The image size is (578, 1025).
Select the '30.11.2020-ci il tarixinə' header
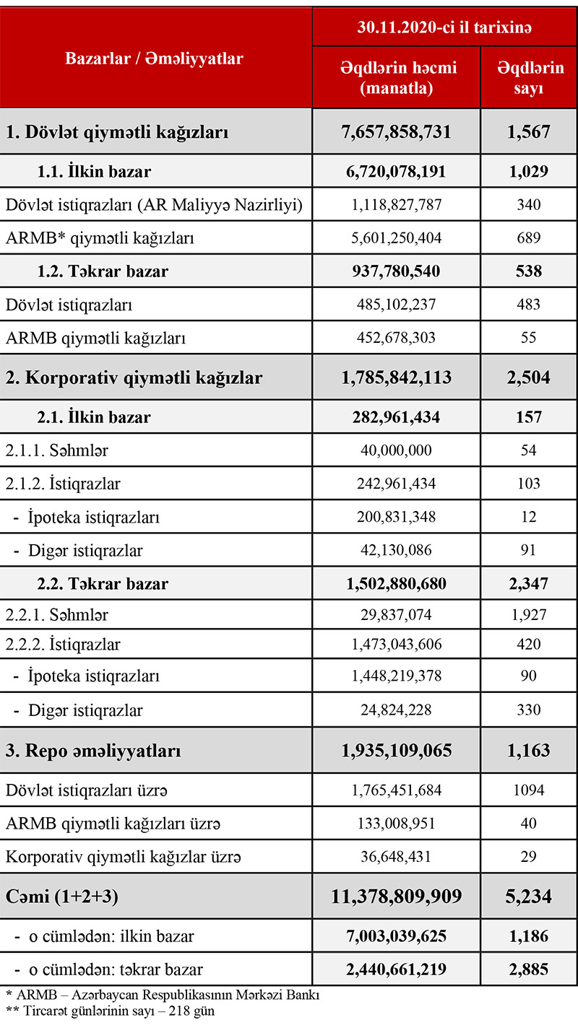tap(444, 27)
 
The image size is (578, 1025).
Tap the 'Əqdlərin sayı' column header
tap(530, 77)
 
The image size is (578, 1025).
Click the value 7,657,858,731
tap(396, 132)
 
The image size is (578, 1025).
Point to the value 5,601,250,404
tap(396, 237)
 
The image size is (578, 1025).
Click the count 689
tap(529, 237)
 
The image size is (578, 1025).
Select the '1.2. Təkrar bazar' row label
tap(103, 271)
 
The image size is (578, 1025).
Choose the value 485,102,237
tap(396, 305)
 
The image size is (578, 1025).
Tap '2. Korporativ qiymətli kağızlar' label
tap(134, 378)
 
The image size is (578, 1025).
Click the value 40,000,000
tap(396, 450)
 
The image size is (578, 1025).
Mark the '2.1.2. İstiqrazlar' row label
tap(63, 484)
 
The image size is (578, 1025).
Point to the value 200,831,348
tap(396, 518)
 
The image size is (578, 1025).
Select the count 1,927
tap(529, 615)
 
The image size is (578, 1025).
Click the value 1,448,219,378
tap(396, 676)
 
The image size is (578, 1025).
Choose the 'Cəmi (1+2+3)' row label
tap(63, 897)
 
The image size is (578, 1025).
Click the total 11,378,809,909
tap(396, 897)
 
